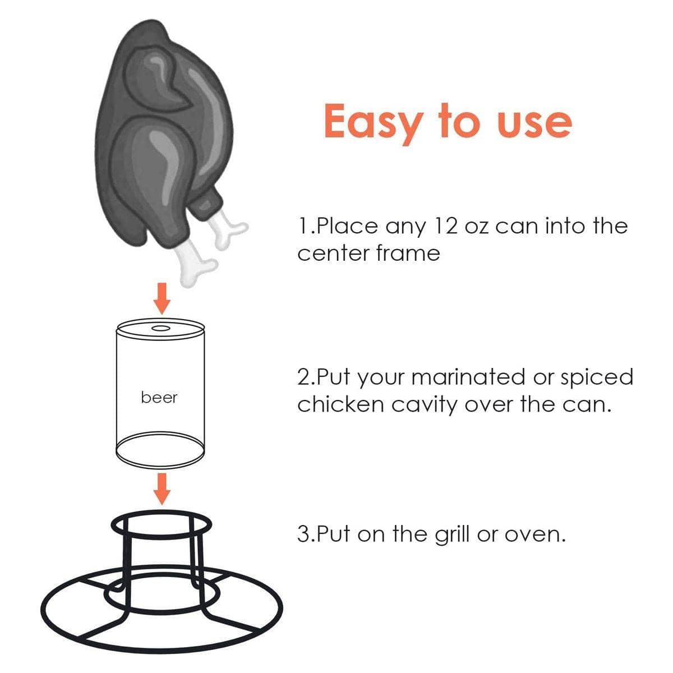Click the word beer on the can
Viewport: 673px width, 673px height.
159,398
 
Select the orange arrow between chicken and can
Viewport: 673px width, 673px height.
162,298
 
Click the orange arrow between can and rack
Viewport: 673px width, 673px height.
162,489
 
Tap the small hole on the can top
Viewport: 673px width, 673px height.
160,328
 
